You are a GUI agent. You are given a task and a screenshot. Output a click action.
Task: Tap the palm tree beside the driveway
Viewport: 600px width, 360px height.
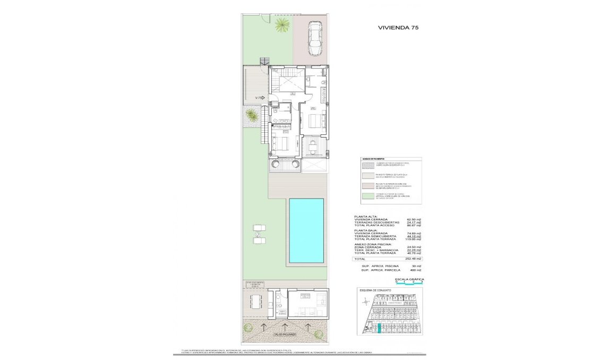281,24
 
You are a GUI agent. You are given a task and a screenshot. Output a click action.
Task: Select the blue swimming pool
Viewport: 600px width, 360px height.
306,230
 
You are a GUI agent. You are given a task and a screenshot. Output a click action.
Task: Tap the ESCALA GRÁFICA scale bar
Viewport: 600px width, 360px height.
409,282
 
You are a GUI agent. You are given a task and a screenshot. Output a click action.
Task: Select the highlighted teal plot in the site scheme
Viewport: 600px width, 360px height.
379,329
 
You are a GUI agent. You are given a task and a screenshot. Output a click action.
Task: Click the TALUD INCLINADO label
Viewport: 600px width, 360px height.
285,335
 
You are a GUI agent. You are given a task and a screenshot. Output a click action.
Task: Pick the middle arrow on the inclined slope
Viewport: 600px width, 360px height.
285,325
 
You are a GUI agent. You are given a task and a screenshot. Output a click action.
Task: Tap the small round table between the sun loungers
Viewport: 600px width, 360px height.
258,234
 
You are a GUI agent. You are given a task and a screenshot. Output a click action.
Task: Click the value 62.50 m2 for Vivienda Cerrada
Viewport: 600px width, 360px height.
414,219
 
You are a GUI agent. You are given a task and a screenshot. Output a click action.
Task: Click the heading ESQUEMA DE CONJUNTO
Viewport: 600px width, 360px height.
375,290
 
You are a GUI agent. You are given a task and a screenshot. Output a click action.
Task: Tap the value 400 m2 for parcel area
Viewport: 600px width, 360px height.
415,270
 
